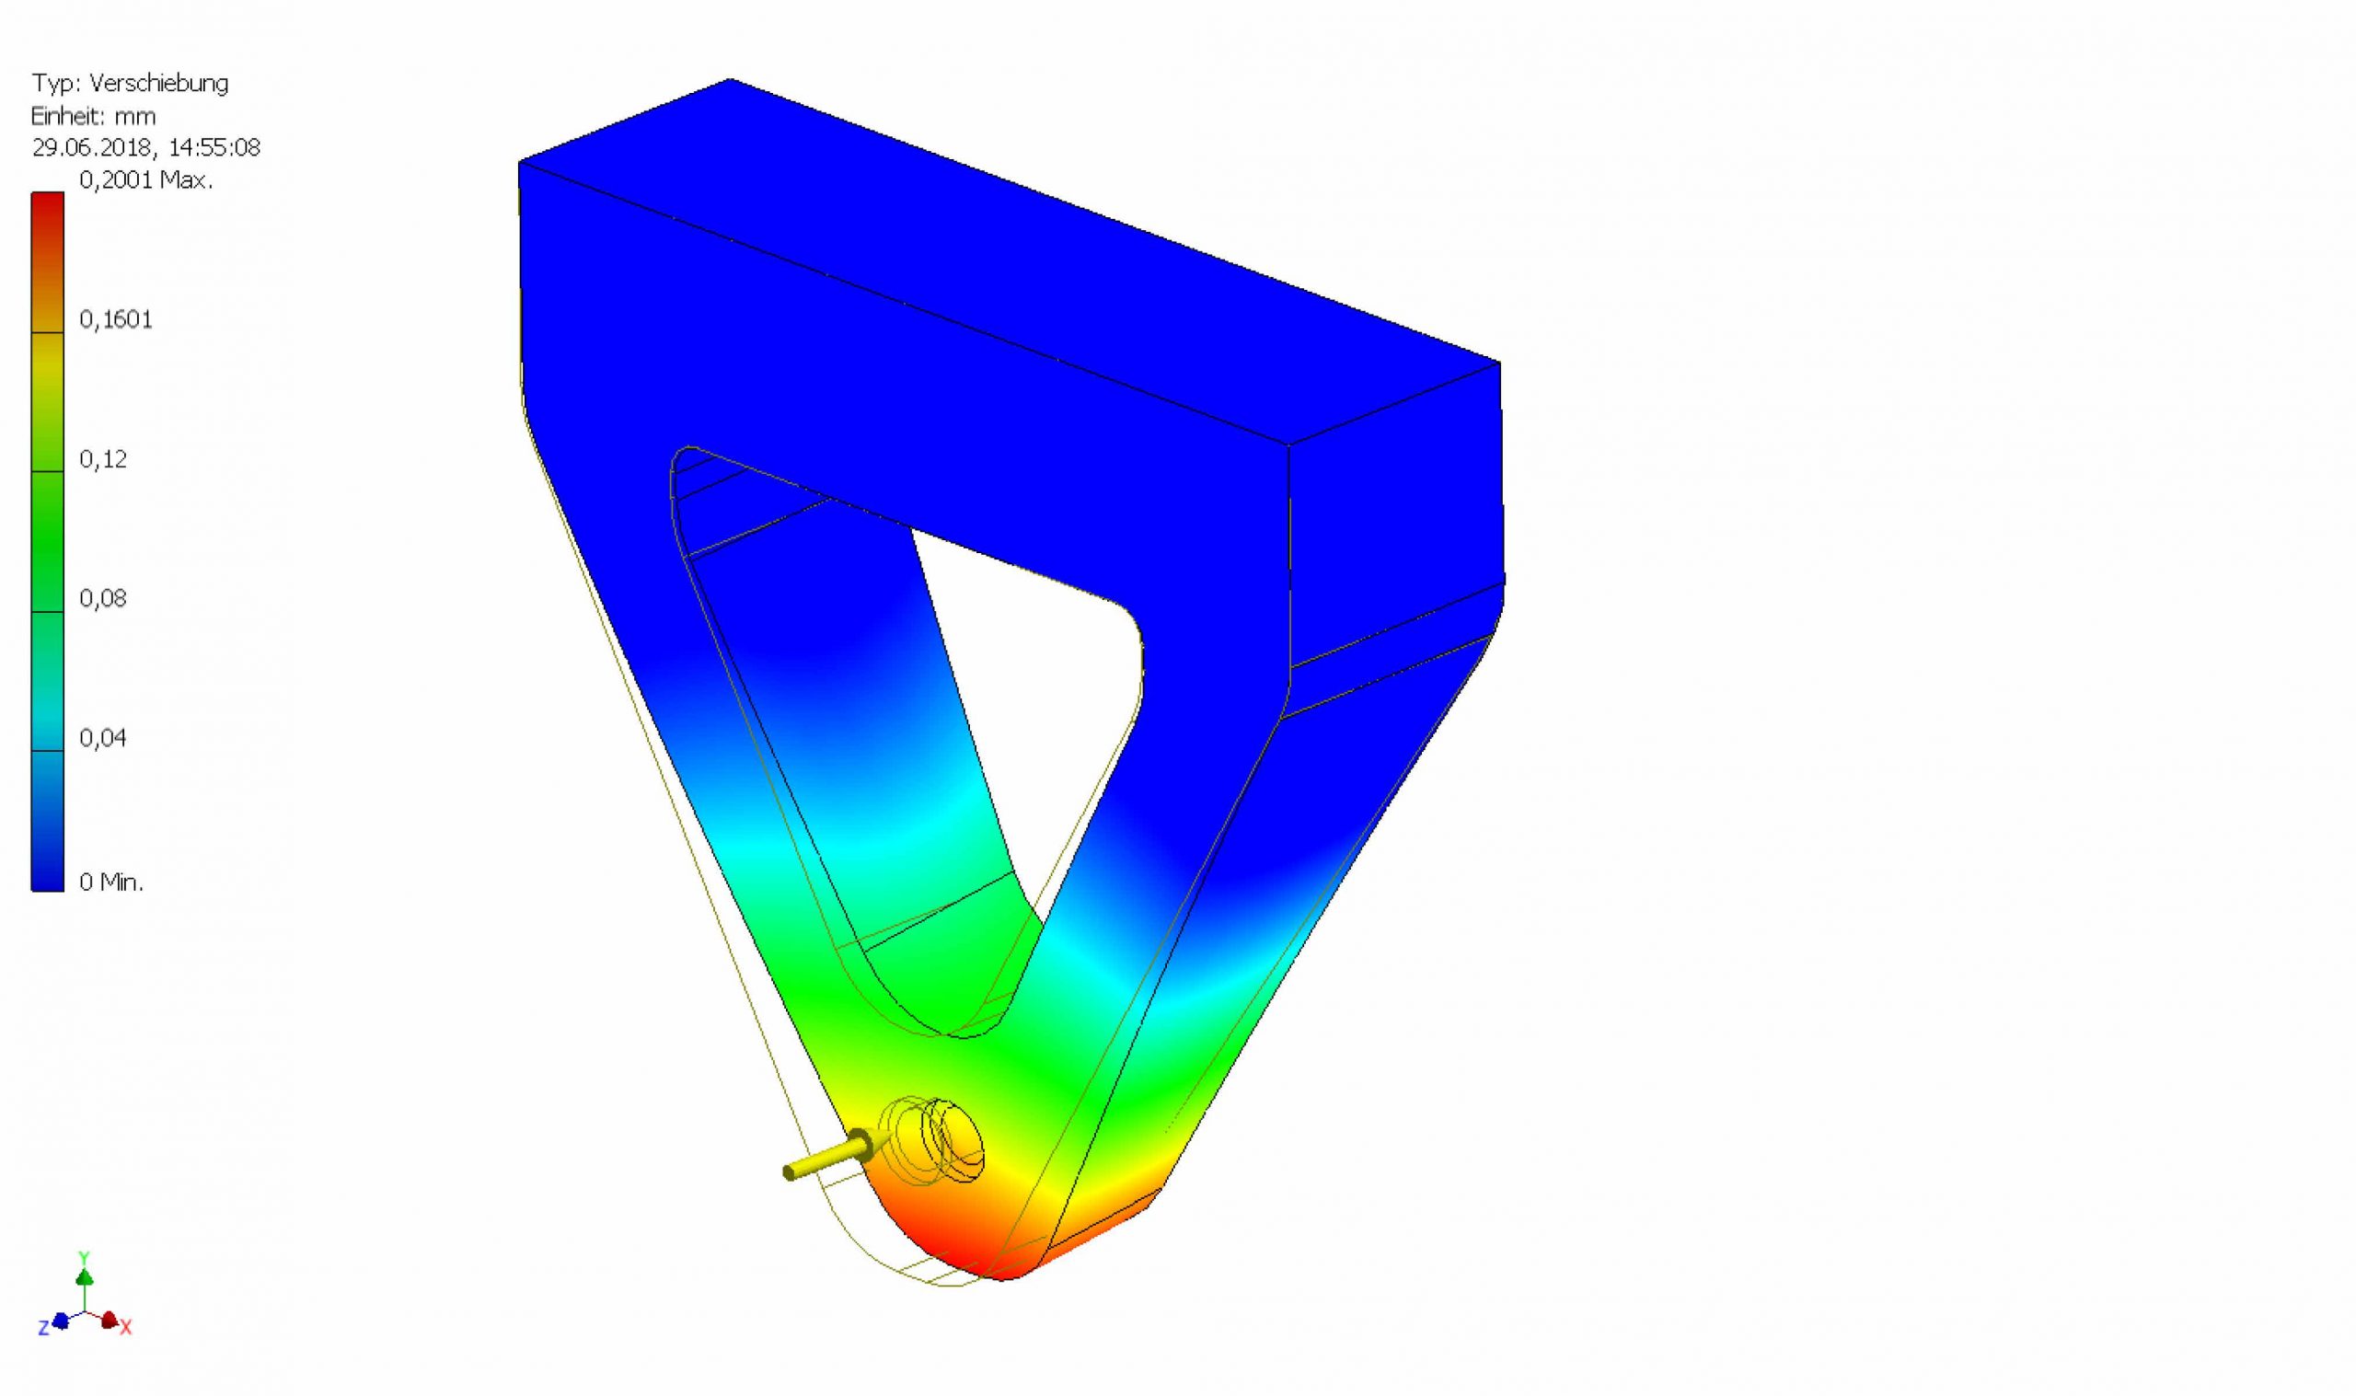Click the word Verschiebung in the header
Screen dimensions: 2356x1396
point(159,84)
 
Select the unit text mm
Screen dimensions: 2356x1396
point(135,117)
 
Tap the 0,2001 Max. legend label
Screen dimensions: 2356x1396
point(146,179)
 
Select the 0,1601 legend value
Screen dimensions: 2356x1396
point(116,320)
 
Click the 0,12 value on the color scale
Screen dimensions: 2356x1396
point(102,459)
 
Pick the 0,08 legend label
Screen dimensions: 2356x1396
point(102,598)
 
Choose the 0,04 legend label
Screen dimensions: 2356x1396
point(102,737)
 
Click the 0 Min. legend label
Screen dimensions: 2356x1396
point(112,883)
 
